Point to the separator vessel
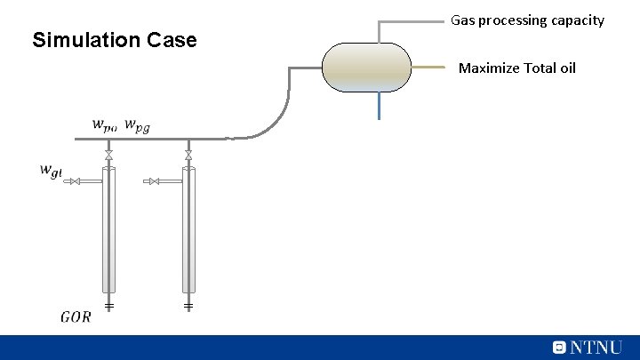pos(366,68)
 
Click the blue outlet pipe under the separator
pos(379,106)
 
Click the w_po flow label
pos(104,125)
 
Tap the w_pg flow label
pos(137,125)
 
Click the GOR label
pos(76,316)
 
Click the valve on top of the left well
pos(108,156)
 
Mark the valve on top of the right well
pos(188,156)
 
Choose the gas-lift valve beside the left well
pos(76,181)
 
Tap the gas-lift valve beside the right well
pos(155,181)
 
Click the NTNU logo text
pos(595,348)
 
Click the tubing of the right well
pos(188,231)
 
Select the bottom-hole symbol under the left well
pos(108,306)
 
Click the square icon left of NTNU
pos(559,348)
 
